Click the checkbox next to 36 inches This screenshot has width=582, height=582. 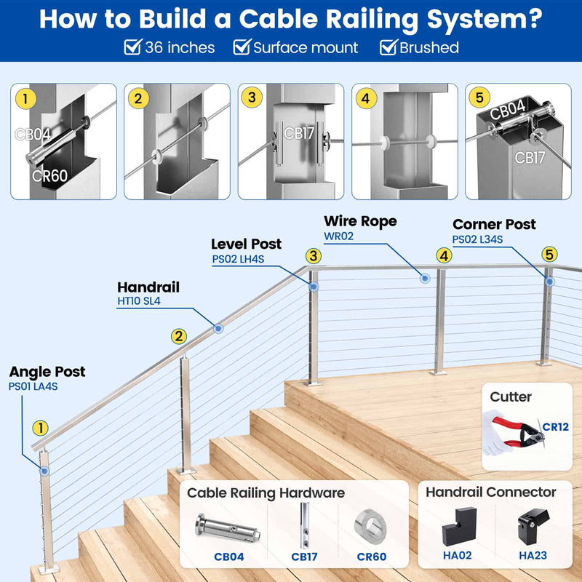pos(132,48)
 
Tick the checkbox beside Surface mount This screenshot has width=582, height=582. pos(242,48)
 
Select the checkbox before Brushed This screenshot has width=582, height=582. pos(388,48)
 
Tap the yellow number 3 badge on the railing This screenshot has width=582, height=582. pos(313,255)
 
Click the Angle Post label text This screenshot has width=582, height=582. pos(47,372)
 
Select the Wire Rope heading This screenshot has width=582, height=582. pos(360,221)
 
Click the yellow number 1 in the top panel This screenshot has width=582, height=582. pos(25,97)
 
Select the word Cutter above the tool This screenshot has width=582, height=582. pos(511,397)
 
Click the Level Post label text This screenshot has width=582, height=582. pos(246,244)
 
